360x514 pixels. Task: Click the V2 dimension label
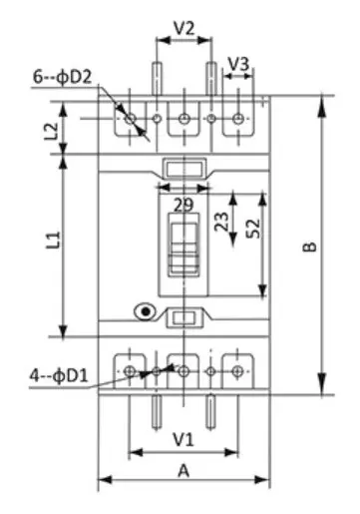pyautogui.click(x=183, y=28)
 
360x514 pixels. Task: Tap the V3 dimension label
pyautogui.click(x=238, y=64)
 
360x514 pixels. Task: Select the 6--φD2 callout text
pyautogui.click(x=62, y=77)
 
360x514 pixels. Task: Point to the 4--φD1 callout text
pyautogui.click(x=59, y=376)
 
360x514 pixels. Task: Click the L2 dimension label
pyautogui.click(x=52, y=132)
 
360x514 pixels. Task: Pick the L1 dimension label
pyautogui.click(x=54, y=241)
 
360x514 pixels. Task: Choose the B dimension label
pyautogui.click(x=310, y=247)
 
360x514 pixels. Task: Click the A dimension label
pyautogui.click(x=183, y=471)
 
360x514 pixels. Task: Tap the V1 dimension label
pyautogui.click(x=183, y=439)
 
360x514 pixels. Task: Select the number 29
pyautogui.click(x=183, y=205)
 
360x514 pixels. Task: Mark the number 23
pyautogui.click(x=221, y=222)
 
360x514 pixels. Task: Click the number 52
pyautogui.click(x=253, y=229)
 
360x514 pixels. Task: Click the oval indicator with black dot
pyautogui.click(x=145, y=311)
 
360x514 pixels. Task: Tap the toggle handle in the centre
pyautogui.click(x=183, y=245)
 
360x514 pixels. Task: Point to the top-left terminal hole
pyautogui.click(x=130, y=119)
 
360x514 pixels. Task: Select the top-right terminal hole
pyautogui.click(x=238, y=119)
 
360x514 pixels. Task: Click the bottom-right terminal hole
pyautogui.click(x=237, y=371)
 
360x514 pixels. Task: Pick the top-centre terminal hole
pyautogui.click(x=183, y=119)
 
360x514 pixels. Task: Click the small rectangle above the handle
pyautogui.click(x=183, y=169)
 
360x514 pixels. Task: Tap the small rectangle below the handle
pyautogui.click(x=183, y=318)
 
